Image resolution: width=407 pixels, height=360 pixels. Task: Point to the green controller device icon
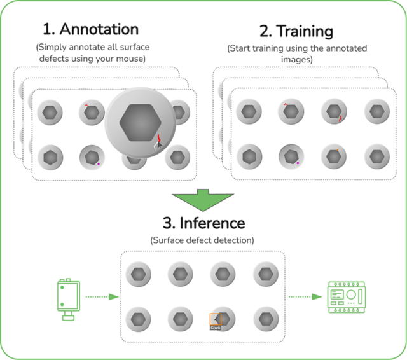(x=344, y=296)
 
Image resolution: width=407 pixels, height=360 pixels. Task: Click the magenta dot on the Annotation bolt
(x=99, y=165)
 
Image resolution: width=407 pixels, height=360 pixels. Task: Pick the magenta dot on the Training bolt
(x=297, y=163)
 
